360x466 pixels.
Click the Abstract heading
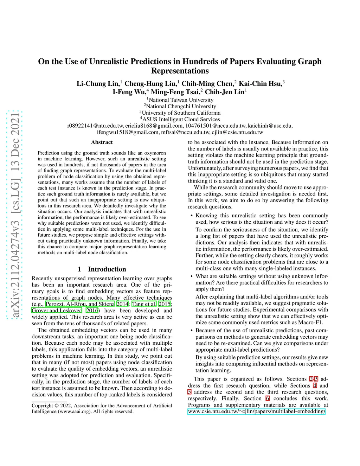pos(102,142)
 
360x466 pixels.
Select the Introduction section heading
pos(102,269)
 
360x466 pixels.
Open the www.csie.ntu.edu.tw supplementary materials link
pos(256,411)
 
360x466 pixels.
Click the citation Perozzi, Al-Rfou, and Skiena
pos(80,304)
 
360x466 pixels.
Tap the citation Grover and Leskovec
pos(57,311)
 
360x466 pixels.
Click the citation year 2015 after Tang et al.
pos(164,304)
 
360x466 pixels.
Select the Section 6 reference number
pos(268,398)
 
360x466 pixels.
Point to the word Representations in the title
pos(180,71)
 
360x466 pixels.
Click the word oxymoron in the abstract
pos(155,153)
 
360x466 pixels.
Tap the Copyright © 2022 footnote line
pos(102,406)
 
